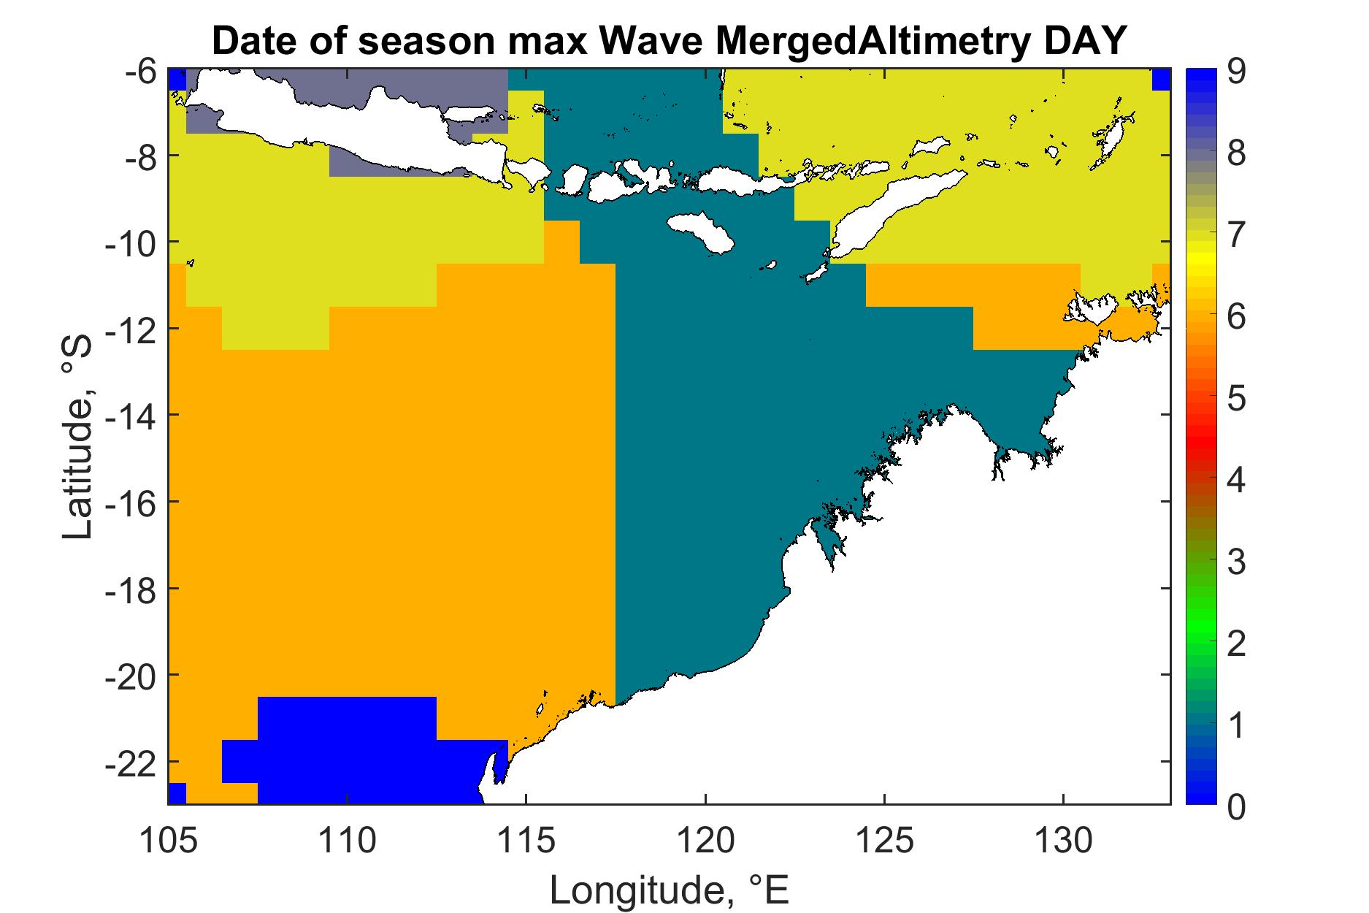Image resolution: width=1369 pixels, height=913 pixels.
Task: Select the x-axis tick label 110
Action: [x=347, y=839]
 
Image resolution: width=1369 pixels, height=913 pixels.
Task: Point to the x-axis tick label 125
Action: [x=884, y=839]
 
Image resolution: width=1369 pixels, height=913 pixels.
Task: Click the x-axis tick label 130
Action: [x=1063, y=839]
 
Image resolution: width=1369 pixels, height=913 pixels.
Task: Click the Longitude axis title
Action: [x=670, y=889]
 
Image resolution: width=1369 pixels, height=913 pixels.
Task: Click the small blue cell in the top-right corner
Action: [x=1161, y=80]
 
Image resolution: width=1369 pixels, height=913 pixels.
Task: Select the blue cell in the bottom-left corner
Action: [x=177, y=793]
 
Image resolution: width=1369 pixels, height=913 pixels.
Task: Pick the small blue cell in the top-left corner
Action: [x=177, y=80]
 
